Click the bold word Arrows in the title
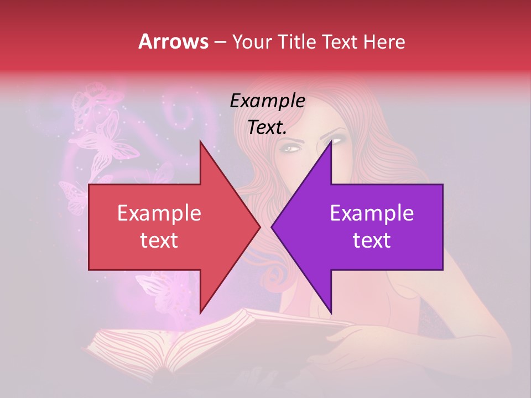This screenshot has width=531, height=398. pyautogui.click(x=174, y=41)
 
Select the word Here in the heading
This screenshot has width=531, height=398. pyautogui.click(x=384, y=41)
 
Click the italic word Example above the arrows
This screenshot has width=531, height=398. pyautogui.click(x=268, y=101)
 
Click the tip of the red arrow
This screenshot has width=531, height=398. pyautogui.click(x=261, y=227)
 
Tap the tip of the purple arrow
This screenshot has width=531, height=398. pyautogui.click(x=271, y=227)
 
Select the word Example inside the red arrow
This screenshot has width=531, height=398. pyautogui.click(x=159, y=213)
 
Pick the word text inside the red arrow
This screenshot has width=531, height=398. pyautogui.click(x=159, y=240)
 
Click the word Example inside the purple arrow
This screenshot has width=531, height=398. pyautogui.click(x=372, y=213)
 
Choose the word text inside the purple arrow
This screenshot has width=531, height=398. pyautogui.click(x=372, y=240)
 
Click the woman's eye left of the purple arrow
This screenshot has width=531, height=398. pyautogui.click(x=291, y=148)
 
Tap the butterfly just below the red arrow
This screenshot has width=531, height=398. pyautogui.click(x=160, y=287)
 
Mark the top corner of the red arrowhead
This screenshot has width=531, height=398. pyautogui.click(x=200, y=140)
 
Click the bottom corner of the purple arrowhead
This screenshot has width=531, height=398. pyautogui.click(x=331, y=313)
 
